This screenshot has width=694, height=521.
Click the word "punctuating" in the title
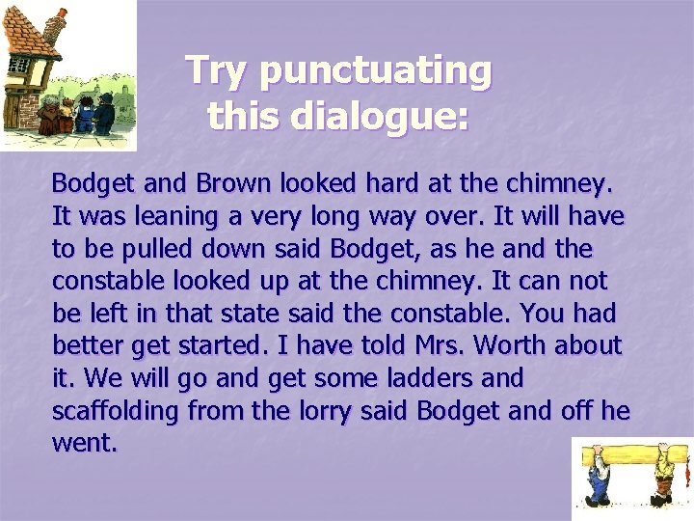[x=376, y=70]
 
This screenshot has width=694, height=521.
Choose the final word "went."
[x=84, y=444]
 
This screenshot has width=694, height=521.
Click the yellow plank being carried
[x=631, y=453]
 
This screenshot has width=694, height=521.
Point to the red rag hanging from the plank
[x=687, y=473]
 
